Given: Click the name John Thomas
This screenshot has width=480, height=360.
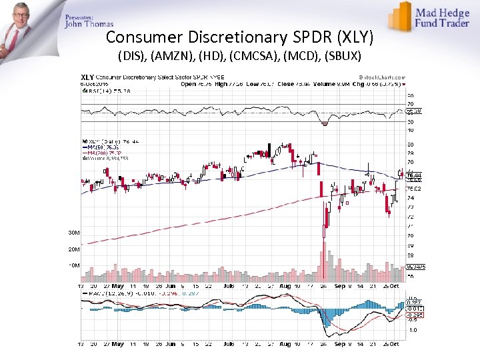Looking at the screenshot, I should tap(89, 24).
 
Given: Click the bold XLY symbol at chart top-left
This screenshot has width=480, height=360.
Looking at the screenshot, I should tap(87, 77).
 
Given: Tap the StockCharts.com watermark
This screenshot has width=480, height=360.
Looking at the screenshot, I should tap(379, 77).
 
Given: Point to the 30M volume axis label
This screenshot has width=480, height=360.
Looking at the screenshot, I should tap(73, 233).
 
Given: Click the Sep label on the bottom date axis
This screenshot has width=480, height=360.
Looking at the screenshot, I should tap(339, 344).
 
